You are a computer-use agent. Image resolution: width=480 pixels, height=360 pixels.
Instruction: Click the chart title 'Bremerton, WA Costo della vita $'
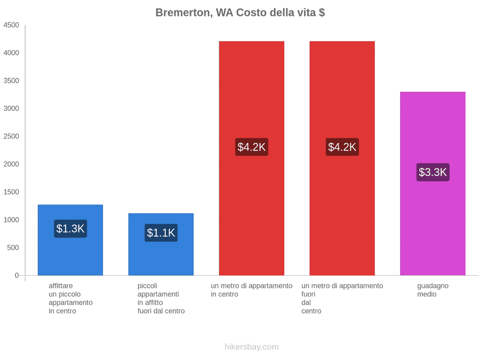pyautogui.click(x=240, y=13)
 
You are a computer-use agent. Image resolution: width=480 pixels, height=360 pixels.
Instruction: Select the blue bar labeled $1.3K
pyautogui.click(x=70, y=240)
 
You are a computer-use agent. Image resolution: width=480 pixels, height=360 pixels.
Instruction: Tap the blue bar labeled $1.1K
pyautogui.click(x=161, y=244)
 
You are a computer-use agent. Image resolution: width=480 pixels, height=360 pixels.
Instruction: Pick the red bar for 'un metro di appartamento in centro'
pyautogui.click(x=252, y=158)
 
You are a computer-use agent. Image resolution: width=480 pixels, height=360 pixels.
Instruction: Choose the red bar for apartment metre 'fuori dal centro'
pyautogui.click(x=342, y=158)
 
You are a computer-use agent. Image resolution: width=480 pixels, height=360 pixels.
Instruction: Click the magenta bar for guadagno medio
pyautogui.click(x=433, y=183)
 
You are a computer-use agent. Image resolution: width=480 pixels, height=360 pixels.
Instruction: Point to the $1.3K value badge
pyautogui.click(x=70, y=229)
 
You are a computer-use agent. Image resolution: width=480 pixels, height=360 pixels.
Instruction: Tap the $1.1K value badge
pyautogui.click(x=161, y=233)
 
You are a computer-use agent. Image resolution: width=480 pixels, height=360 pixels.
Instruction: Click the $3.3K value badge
pyautogui.click(x=433, y=172)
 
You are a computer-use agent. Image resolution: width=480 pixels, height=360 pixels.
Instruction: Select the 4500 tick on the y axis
pyautogui.click(x=11, y=25)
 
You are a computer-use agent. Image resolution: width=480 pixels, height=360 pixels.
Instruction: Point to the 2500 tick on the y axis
pyautogui.click(x=11, y=136)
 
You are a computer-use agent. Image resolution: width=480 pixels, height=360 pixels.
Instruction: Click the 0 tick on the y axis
pyautogui.click(x=17, y=276)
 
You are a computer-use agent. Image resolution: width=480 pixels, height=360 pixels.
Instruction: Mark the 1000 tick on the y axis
pyautogui.click(x=11, y=220)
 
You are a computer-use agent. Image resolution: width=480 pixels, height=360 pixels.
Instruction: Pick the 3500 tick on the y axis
pyautogui.click(x=11, y=81)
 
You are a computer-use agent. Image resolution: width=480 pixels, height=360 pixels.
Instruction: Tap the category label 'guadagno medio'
pyautogui.click(x=433, y=290)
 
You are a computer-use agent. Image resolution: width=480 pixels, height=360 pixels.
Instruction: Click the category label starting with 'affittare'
pyautogui.click(x=71, y=299)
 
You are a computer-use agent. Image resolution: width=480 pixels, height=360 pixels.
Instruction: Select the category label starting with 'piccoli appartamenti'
pyautogui.click(x=161, y=299)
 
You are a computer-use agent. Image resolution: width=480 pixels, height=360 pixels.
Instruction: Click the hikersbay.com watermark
pyautogui.click(x=252, y=347)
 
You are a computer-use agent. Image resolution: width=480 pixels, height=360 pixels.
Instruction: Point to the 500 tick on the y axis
pyautogui.click(x=13, y=247)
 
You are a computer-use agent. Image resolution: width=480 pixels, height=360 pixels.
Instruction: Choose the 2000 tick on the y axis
pyautogui.click(x=11, y=164)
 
